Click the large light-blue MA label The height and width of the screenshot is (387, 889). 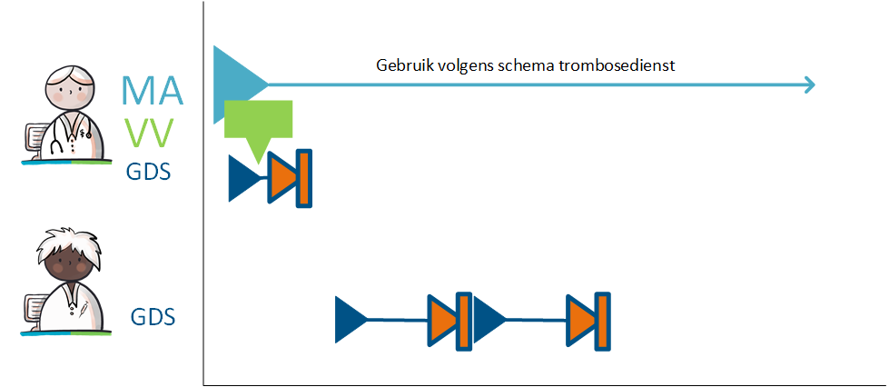[x=153, y=90]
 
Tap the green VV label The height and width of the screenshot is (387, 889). [x=149, y=134]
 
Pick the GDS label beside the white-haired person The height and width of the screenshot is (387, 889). [x=153, y=316]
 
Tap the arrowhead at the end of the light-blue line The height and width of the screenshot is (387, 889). [x=810, y=85]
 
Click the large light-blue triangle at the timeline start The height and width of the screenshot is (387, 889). [x=232, y=85]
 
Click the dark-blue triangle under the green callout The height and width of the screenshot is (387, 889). [x=243, y=178]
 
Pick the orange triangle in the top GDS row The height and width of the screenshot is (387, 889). [x=282, y=178]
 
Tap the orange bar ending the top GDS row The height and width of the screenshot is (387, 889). [x=304, y=178]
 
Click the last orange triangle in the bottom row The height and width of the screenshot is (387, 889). [x=581, y=320]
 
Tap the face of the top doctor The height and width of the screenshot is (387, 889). [x=68, y=92]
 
